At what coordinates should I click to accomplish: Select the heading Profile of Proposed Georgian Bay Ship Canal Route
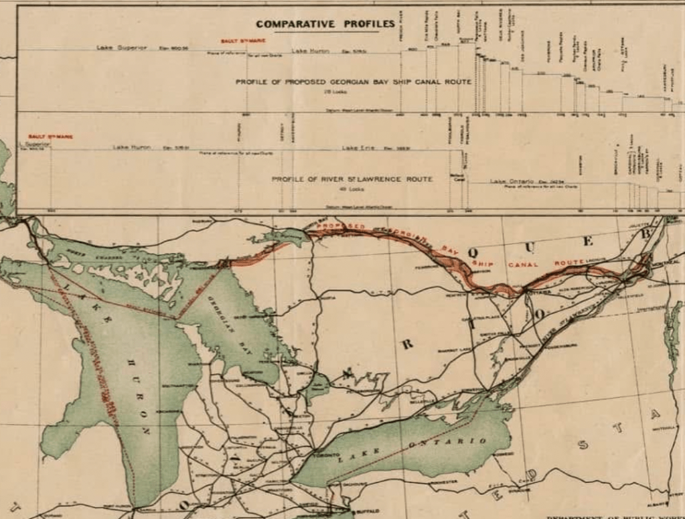[x=354, y=82]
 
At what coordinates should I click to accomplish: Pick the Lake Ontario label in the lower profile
[x=514, y=181]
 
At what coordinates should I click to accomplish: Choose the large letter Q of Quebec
[x=473, y=252]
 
